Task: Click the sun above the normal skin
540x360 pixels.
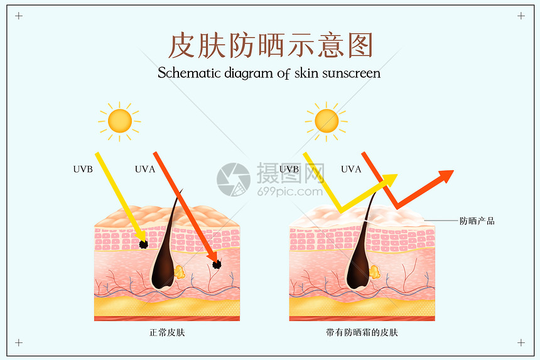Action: [x=119, y=121]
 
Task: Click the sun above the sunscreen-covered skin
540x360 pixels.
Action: [x=326, y=121]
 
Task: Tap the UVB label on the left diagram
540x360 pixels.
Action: [x=83, y=169]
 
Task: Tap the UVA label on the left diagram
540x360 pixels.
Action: [x=145, y=169]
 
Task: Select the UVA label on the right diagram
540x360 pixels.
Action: [x=351, y=169]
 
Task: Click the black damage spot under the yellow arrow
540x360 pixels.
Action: [x=144, y=244]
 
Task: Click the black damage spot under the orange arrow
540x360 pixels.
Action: [x=217, y=265]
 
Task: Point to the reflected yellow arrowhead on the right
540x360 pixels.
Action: [x=389, y=180]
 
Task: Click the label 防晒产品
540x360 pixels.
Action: [x=477, y=221]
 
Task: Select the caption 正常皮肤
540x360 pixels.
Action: [x=167, y=332]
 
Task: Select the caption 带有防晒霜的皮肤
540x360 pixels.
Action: [x=362, y=332]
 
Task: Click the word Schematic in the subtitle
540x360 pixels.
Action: [x=190, y=73]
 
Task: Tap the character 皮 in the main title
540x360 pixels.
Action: [x=182, y=45]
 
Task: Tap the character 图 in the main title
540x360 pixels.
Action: [x=360, y=45]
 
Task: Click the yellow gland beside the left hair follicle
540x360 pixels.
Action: [x=180, y=272]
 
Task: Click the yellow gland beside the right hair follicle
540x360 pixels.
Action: [x=375, y=272]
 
